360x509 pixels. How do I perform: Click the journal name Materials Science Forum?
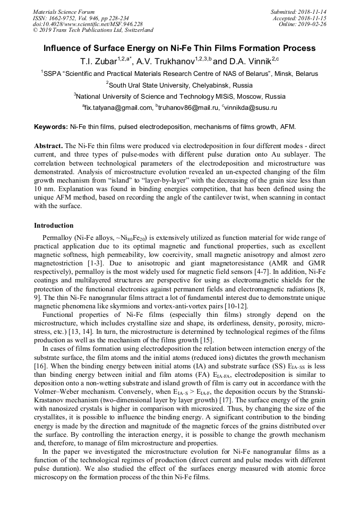(x=64, y=12)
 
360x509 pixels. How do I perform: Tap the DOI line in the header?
(x=88, y=24)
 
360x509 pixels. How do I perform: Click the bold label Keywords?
(x=51, y=127)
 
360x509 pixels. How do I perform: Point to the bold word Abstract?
(x=48, y=145)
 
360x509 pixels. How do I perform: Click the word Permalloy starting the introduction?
(x=58, y=238)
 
